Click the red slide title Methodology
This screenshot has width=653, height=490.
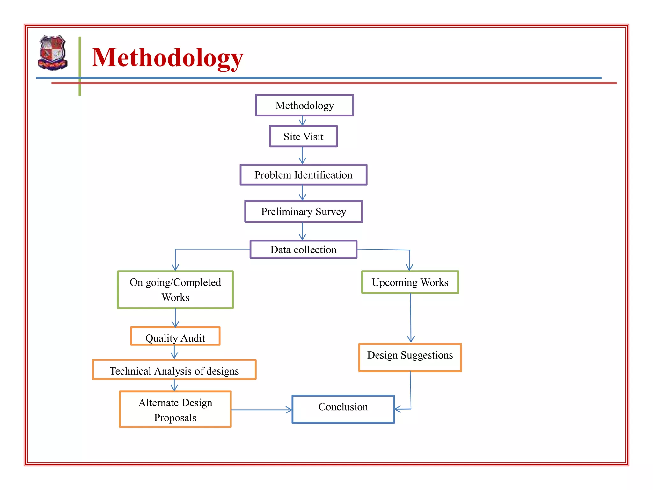(x=167, y=58)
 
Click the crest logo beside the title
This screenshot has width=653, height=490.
(x=53, y=53)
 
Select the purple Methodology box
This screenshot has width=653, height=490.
(x=304, y=105)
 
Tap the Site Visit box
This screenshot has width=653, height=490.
(x=303, y=137)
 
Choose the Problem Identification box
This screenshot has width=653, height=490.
(x=303, y=175)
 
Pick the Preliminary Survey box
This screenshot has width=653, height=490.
(x=303, y=212)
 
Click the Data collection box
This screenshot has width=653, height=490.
(x=303, y=249)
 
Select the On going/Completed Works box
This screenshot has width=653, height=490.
(x=175, y=290)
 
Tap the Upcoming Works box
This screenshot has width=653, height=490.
(x=410, y=282)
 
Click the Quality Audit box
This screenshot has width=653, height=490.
(x=175, y=337)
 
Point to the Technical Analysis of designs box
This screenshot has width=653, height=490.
(x=174, y=370)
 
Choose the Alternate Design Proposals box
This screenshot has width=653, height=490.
(x=175, y=410)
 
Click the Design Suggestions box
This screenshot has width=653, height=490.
(x=410, y=357)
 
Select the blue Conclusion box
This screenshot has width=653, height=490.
(x=343, y=409)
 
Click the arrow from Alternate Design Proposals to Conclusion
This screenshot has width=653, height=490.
(x=261, y=410)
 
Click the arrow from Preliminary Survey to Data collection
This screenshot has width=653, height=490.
(x=302, y=231)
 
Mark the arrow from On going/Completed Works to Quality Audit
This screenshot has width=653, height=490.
(x=175, y=318)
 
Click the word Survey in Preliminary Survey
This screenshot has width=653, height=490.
(x=331, y=212)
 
